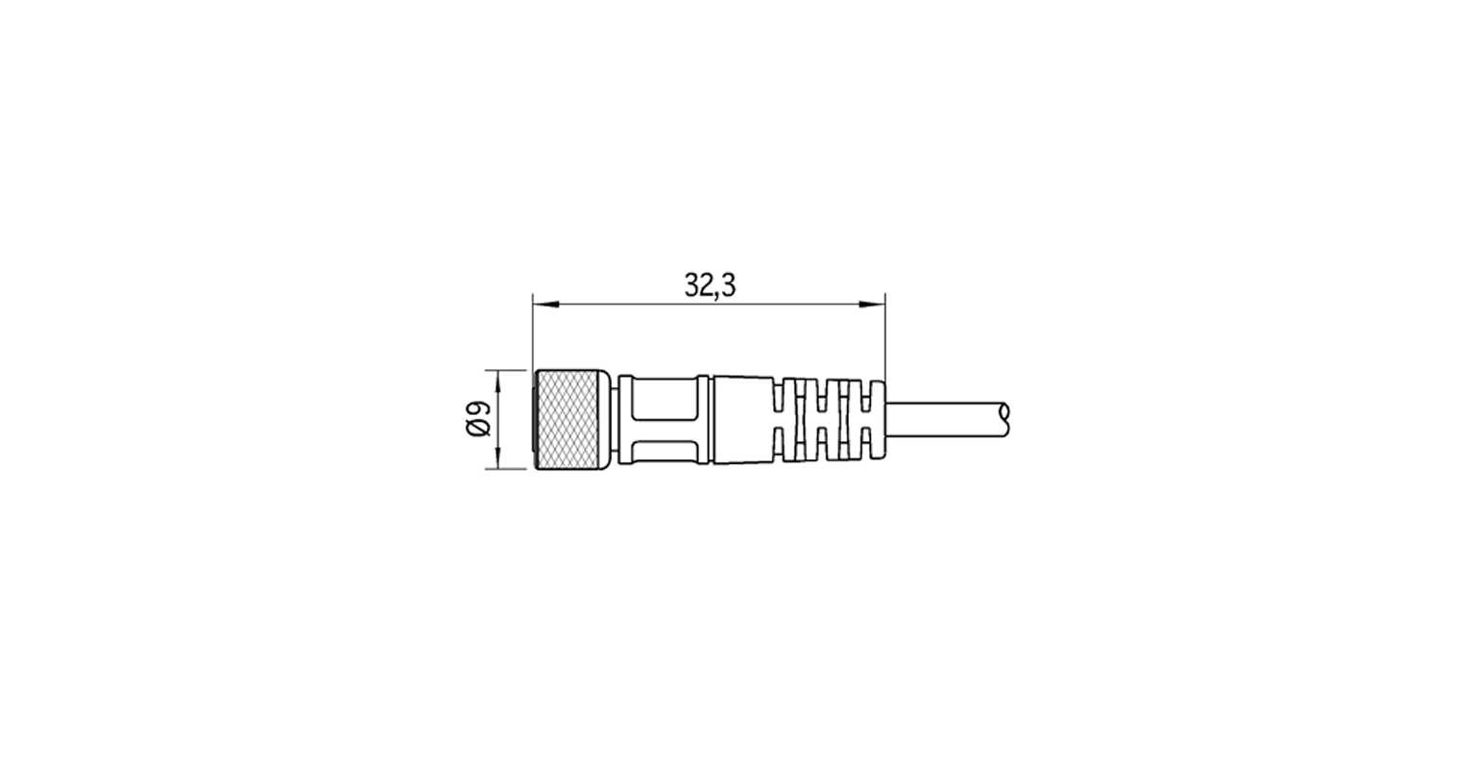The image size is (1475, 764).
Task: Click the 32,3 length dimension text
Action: point(709,285)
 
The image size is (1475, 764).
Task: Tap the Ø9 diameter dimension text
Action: point(477,420)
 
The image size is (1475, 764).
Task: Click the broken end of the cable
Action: point(1003,415)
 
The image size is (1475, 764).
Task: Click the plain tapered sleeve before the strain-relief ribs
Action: point(741,420)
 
